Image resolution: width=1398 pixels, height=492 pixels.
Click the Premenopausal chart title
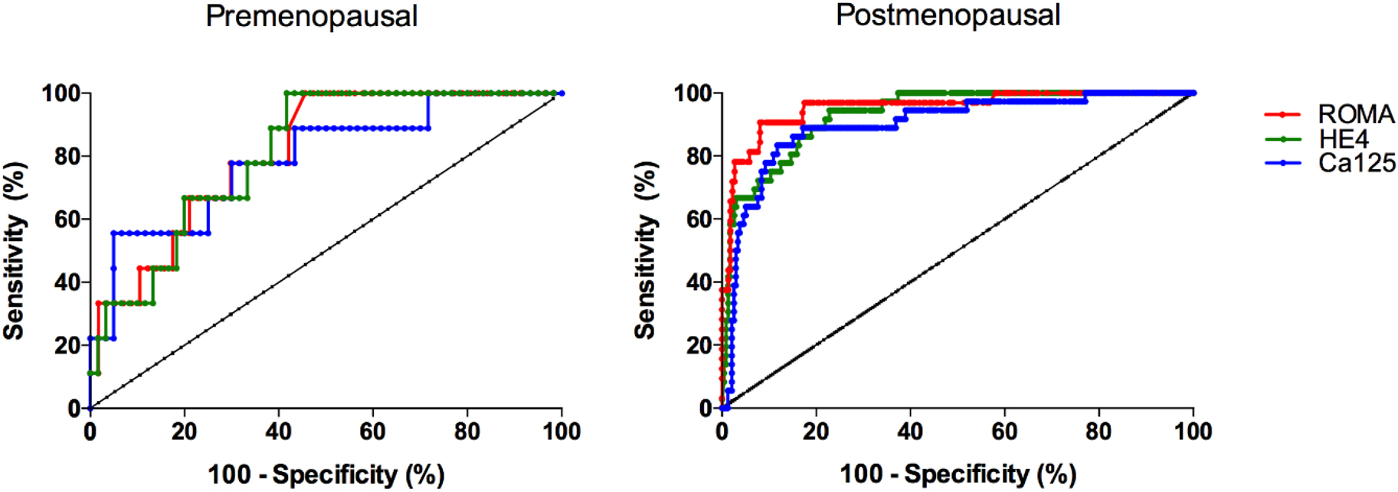pos(311,16)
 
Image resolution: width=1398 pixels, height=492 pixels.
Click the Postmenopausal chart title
pos(948,15)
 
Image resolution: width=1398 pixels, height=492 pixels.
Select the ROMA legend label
pos(1356,114)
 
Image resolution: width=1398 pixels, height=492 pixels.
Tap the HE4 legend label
pos(1343,138)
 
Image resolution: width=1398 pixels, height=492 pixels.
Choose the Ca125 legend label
pos(1357,163)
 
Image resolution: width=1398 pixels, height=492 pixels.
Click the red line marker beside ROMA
pos(1282,114)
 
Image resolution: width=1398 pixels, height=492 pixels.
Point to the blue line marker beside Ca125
pos(1282,163)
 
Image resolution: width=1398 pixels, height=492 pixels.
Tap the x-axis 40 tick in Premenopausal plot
pos(279,432)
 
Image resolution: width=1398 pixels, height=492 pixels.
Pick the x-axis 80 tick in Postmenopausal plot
pos(1098,432)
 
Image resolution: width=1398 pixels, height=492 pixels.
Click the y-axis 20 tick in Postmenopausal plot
pos(699,346)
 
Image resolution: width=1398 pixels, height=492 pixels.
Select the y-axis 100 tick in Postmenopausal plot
pos(694,93)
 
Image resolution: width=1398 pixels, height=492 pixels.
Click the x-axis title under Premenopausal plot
pos(326,474)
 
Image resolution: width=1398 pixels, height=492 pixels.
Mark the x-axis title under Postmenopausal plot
pos(958,474)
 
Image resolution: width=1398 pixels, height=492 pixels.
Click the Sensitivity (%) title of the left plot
pos(15,250)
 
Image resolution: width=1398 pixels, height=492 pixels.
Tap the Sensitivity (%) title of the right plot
pos(646,250)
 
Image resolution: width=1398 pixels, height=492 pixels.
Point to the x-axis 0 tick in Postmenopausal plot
pos(722,432)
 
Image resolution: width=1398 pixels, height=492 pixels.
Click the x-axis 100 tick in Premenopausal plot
pos(561,432)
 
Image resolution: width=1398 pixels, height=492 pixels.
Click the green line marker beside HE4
pos(1282,138)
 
